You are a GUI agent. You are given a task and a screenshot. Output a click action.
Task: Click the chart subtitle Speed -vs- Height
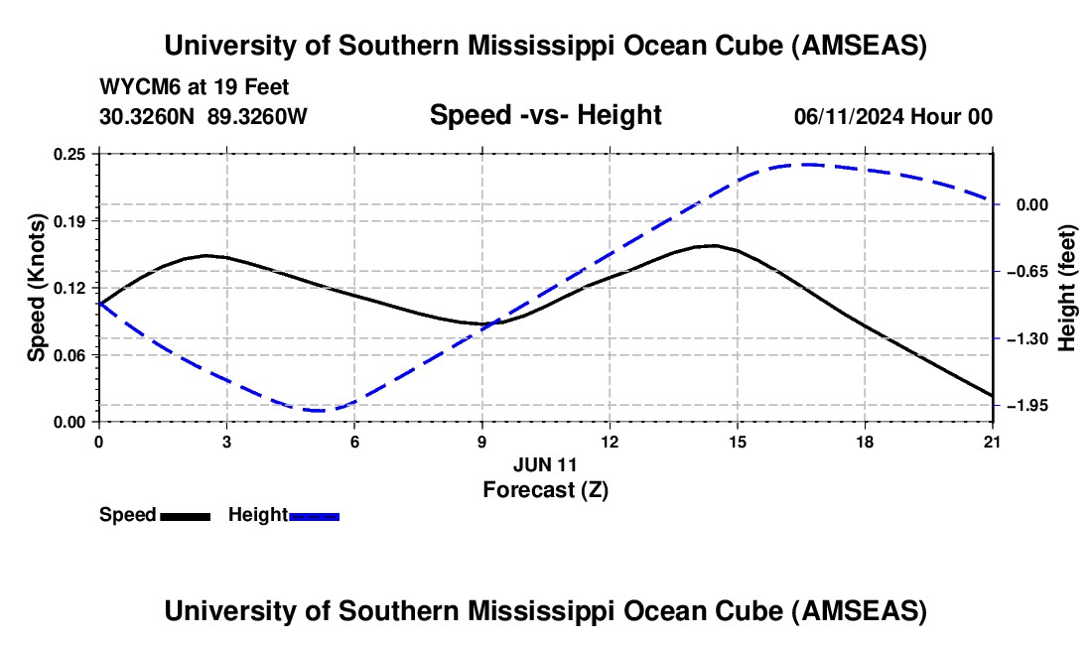coord(545,115)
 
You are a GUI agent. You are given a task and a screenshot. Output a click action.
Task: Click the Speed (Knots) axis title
coord(37,288)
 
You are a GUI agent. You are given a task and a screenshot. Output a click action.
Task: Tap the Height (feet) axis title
coord(1068,288)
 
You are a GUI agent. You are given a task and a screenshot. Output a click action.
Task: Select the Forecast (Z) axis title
coord(545,489)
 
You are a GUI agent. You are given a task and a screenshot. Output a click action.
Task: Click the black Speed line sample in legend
coord(185,515)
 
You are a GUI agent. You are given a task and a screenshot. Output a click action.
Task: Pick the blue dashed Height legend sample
coord(314,515)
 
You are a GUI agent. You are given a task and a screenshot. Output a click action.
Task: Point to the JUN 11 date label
coord(545,463)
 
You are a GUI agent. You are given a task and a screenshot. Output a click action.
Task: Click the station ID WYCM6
coord(134,87)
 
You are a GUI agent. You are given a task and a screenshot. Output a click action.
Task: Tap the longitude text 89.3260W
coord(258,116)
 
